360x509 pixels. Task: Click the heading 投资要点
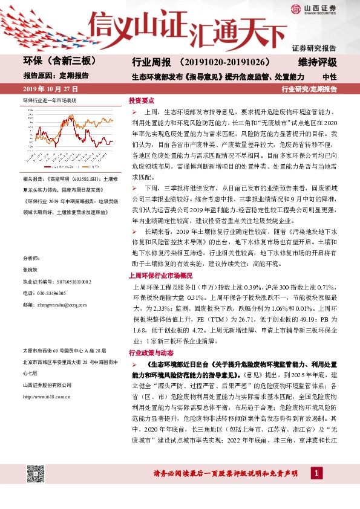(142, 101)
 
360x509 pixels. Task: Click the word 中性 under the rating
(329, 77)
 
